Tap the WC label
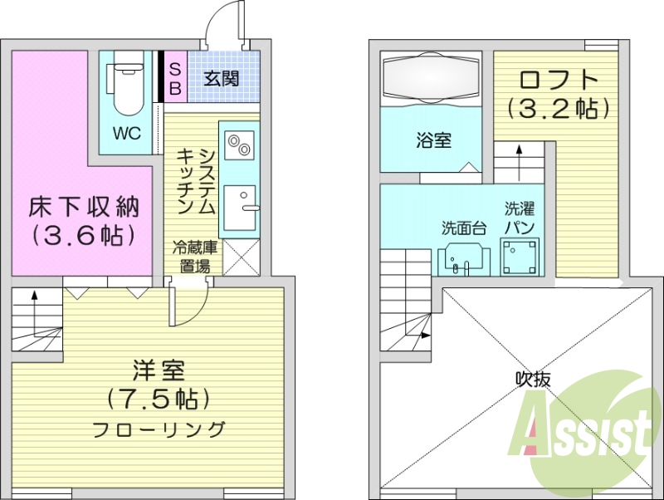tap(127, 134)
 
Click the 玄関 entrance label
tap(222, 79)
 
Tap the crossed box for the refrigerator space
tap(241, 257)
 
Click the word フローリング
tap(159, 429)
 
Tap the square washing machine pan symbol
tap(520, 257)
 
